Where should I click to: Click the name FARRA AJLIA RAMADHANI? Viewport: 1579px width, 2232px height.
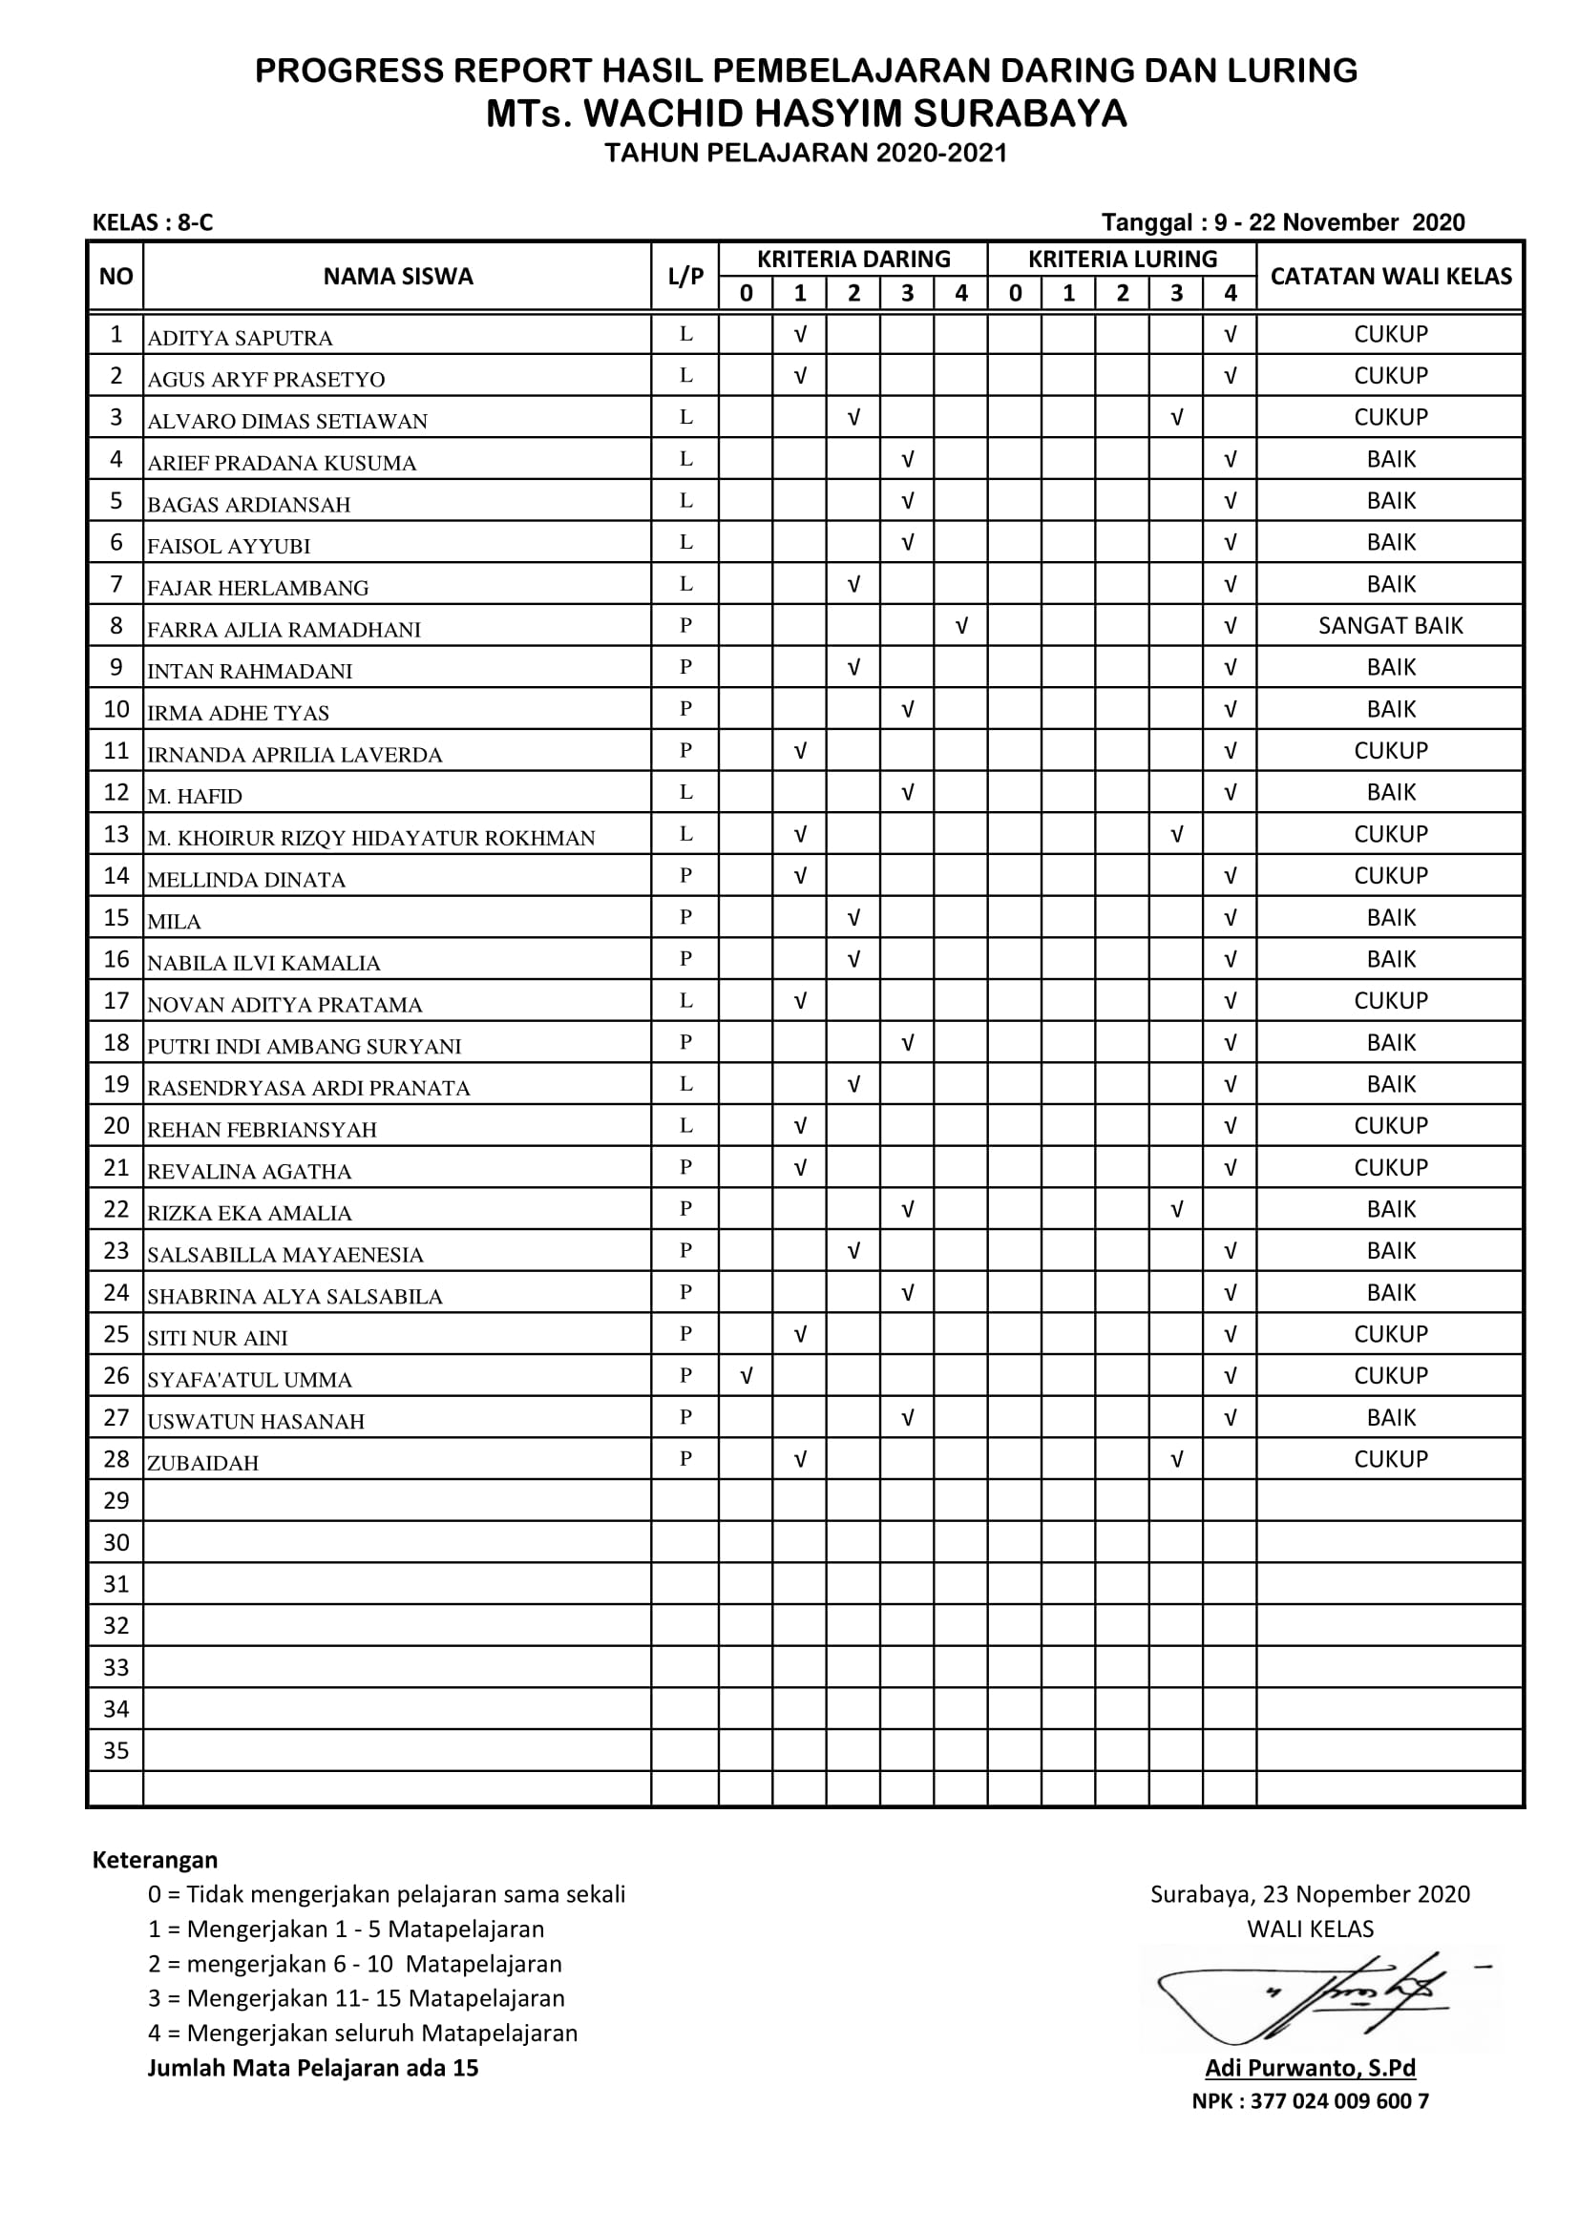284,629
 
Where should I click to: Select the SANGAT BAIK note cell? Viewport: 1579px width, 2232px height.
1389,626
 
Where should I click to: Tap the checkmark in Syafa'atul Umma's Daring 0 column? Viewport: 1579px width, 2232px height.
746,1376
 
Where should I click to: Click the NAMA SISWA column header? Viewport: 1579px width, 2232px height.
398,276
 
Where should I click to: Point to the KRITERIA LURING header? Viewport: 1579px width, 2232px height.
1122,260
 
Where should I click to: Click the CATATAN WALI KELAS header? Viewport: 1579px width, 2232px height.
1389,276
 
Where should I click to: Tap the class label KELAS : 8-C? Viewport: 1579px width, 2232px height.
153,222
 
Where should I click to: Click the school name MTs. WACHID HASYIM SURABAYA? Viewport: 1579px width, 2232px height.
806,114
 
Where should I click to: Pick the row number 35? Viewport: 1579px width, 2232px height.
116,1751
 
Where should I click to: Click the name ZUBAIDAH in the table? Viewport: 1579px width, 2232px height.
203,1463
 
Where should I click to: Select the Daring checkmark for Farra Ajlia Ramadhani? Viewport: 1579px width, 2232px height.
960,626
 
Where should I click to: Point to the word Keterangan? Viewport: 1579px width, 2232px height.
155,1860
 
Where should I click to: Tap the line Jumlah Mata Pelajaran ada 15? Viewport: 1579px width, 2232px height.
313,2068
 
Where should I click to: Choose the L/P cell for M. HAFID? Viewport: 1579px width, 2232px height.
685,792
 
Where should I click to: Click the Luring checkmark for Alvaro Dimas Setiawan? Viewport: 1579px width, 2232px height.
1175,417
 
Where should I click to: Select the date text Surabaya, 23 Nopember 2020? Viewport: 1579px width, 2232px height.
1310,1893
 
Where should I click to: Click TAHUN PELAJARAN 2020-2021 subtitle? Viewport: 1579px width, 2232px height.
806,154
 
